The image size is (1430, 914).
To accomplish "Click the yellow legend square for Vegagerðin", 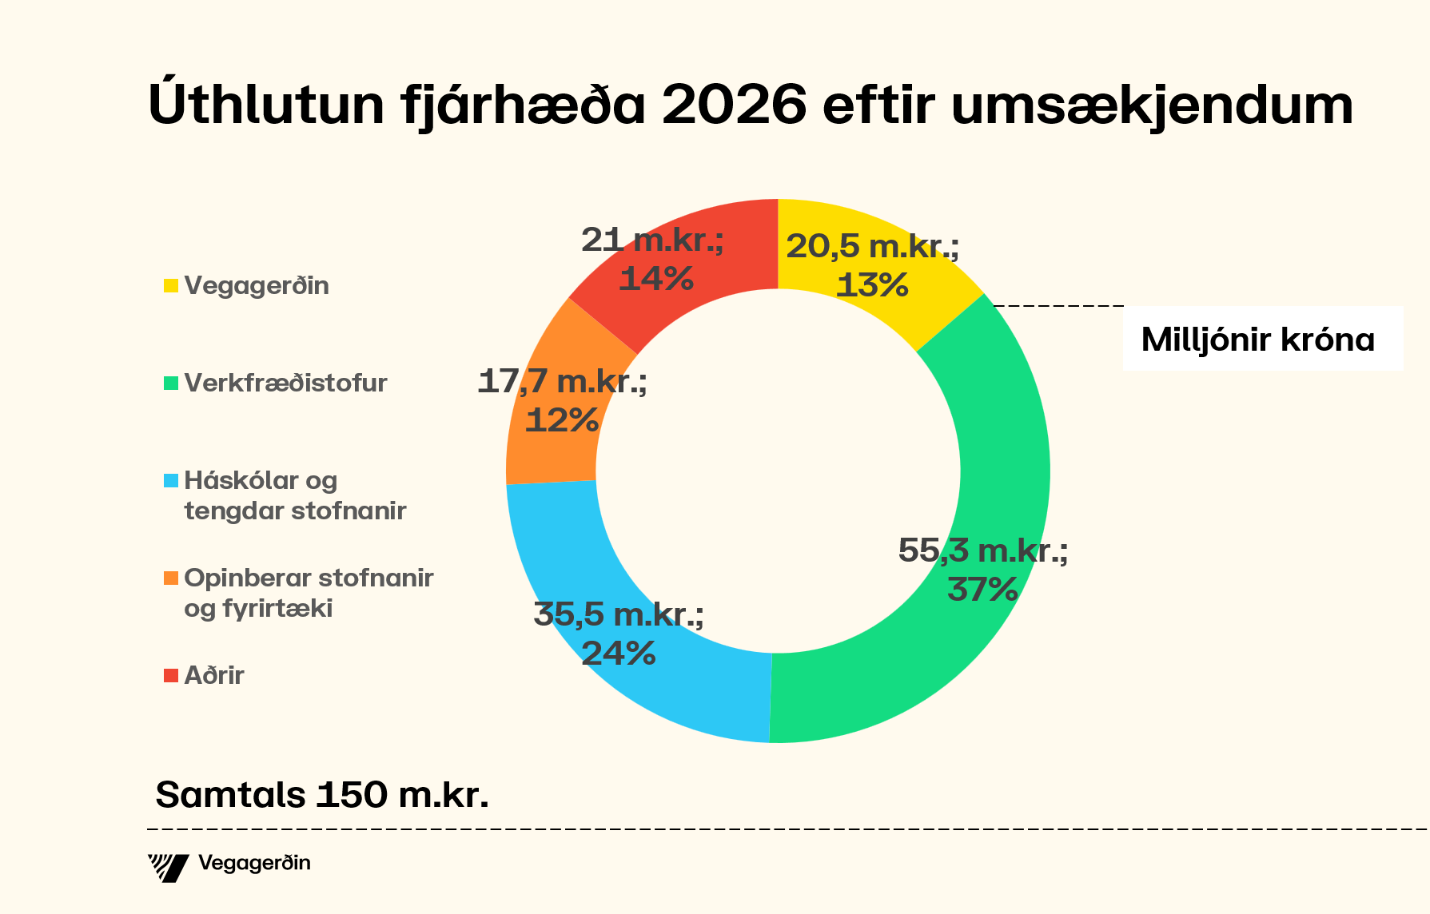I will pyautogui.click(x=171, y=285).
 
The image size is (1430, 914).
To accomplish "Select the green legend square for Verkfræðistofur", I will pyautogui.click(x=171, y=383).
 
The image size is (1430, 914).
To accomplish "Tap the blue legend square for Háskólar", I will pyautogui.click(x=171, y=481).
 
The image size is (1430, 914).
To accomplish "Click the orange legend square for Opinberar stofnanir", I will pyautogui.click(x=171, y=578).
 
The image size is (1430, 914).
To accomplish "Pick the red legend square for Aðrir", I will pyautogui.click(x=171, y=676).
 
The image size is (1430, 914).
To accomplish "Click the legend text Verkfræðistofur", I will pyautogui.click(x=285, y=383).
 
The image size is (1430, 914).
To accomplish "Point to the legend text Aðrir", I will pyautogui.click(x=214, y=676).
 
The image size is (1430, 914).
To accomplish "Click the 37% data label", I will pyautogui.click(x=982, y=590).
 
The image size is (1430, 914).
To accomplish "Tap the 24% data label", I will pyautogui.click(x=618, y=654).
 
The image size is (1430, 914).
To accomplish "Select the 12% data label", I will pyautogui.click(x=562, y=420).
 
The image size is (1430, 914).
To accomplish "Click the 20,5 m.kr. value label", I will pyautogui.click(x=872, y=246).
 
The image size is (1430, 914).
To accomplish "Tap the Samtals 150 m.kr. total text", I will pyautogui.click(x=321, y=795).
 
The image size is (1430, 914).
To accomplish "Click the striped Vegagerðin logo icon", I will pyautogui.click(x=168, y=867).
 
